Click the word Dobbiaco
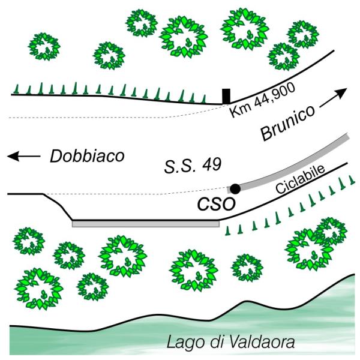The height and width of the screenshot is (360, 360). tap(87, 156)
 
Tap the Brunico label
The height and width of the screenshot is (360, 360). tap(287, 123)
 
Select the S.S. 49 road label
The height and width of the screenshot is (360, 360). tap(193, 165)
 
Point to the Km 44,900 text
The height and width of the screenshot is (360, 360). tap(262, 100)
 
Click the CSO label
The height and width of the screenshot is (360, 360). tap(217, 204)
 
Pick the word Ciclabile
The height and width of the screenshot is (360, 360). tap(301, 179)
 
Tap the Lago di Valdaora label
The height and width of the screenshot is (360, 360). tap(230, 342)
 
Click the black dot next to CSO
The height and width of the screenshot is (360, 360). tap(235, 189)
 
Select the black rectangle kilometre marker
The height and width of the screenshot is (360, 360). tap(226, 96)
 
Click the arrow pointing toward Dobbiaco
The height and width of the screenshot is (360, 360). tap(24, 156)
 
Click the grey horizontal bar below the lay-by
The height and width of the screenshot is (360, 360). tap(146, 224)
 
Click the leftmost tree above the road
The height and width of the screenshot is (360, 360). tap(44, 47)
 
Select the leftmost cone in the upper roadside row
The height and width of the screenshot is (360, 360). tap(16, 89)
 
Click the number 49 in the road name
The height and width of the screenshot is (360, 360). tap(212, 164)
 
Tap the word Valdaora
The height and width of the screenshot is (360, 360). tap(262, 341)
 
